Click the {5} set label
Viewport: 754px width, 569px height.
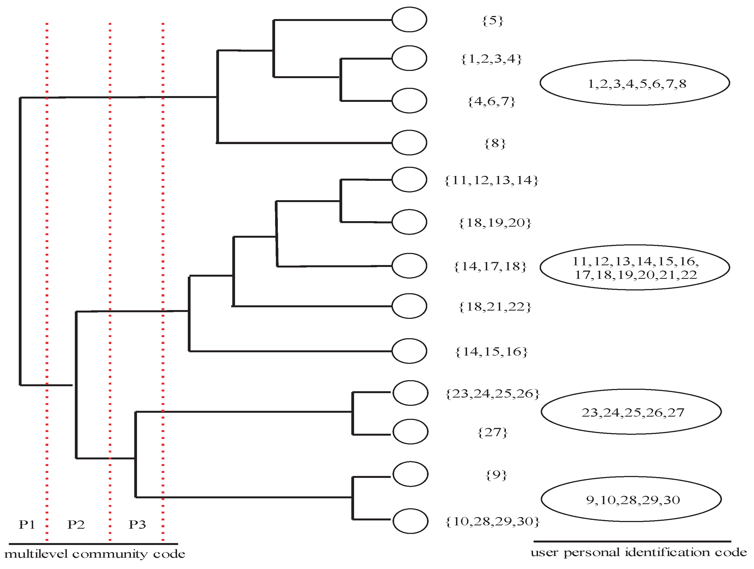click(x=492, y=21)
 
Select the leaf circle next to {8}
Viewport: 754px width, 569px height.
click(x=409, y=142)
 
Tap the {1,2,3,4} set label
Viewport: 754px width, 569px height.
click(x=491, y=59)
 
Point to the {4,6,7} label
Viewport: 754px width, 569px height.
click(x=491, y=102)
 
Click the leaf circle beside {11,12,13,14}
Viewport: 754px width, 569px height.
click(x=409, y=179)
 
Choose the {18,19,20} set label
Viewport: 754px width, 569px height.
click(x=495, y=223)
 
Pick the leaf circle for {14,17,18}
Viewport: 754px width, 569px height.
click(x=409, y=265)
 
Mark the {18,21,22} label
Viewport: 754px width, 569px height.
click(x=495, y=307)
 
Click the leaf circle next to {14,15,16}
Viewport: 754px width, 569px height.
click(x=409, y=351)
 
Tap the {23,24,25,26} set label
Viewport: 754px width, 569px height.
click(x=492, y=394)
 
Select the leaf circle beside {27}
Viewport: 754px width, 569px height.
click(x=410, y=432)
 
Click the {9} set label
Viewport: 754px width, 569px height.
click(x=496, y=475)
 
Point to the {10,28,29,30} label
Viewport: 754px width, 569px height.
click(x=492, y=521)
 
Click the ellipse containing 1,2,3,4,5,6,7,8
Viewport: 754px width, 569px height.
click(x=635, y=83)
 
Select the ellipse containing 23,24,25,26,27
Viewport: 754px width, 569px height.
click(x=631, y=412)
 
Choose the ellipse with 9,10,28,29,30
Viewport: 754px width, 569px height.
click(x=631, y=499)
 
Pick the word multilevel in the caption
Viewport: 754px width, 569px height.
click(x=36, y=554)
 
